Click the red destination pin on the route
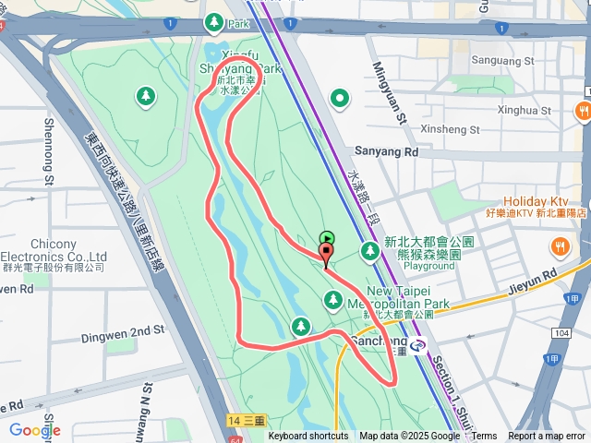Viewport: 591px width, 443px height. click(x=326, y=254)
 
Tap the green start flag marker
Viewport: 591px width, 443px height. click(x=326, y=238)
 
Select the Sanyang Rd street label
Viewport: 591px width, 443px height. click(x=386, y=151)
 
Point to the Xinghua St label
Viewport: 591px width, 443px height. click(x=524, y=111)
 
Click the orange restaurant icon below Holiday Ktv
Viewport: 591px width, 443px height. click(x=560, y=246)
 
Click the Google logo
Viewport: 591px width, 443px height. click(x=34, y=430)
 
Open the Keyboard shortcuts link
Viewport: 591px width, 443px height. click(x=308, y=437)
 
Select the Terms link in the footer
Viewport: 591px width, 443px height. click(x=485, y=437)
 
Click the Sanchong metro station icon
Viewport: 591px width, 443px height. click(x=418, y=347)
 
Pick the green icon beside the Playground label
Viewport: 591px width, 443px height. click(x=370, y=250)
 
